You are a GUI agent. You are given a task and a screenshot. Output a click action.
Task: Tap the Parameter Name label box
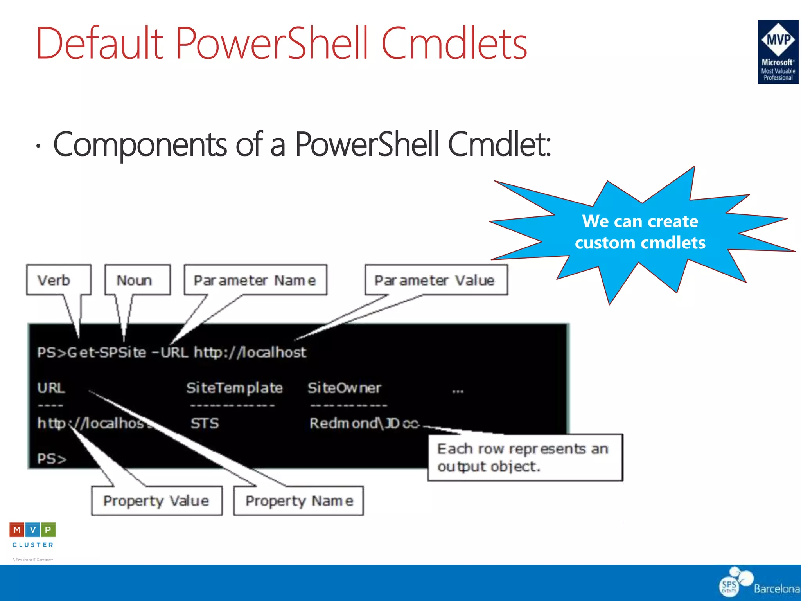pos(255,280)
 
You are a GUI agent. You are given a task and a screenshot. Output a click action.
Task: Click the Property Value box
pos(156,501)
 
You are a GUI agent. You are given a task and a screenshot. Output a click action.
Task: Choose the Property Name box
pos(299,501)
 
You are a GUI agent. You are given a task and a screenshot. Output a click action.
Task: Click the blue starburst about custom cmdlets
pos(640,232)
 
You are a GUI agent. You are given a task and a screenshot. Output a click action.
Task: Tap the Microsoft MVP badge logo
pos(778,52)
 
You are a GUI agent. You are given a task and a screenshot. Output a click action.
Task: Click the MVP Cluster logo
pos(33,536)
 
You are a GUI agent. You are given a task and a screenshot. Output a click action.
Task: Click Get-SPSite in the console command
pos(107,353)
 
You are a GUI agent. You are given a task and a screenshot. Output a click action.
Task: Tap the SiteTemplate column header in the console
pos(234,388)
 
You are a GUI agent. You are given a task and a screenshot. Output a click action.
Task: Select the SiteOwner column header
pos(344,388)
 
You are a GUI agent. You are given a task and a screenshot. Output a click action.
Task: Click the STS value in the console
pos(205,423)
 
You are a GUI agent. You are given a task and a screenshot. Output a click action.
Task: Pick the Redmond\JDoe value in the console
pos(364,423)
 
